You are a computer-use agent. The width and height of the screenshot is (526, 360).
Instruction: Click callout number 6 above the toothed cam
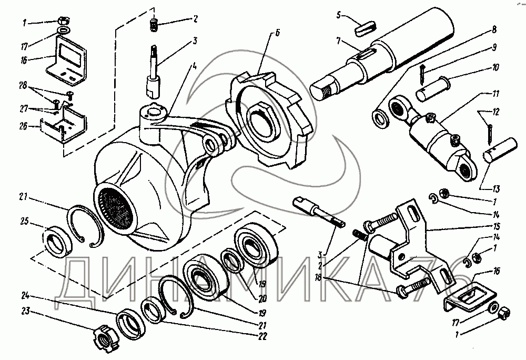[277, 33]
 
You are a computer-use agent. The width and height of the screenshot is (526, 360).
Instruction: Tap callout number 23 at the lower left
[26, 312]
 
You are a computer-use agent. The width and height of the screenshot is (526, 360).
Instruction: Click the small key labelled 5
[366, 28]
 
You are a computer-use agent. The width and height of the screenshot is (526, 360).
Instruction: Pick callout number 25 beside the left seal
[25, 222]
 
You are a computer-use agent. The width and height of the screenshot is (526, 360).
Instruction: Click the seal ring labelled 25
[57, 242]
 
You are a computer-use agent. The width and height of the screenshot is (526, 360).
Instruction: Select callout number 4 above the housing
[194, 66]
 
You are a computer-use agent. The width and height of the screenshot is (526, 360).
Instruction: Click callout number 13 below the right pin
[496, 189]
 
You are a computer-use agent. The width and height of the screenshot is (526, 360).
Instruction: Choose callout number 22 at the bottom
[262, 336]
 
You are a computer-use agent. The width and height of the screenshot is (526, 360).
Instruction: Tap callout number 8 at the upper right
[494, 29]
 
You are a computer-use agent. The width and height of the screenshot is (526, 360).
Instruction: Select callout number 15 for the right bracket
[496, 226]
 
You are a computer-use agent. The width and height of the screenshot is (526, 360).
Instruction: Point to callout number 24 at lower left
[25, 296]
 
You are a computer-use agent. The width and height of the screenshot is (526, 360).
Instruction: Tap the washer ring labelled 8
[380, 119]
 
